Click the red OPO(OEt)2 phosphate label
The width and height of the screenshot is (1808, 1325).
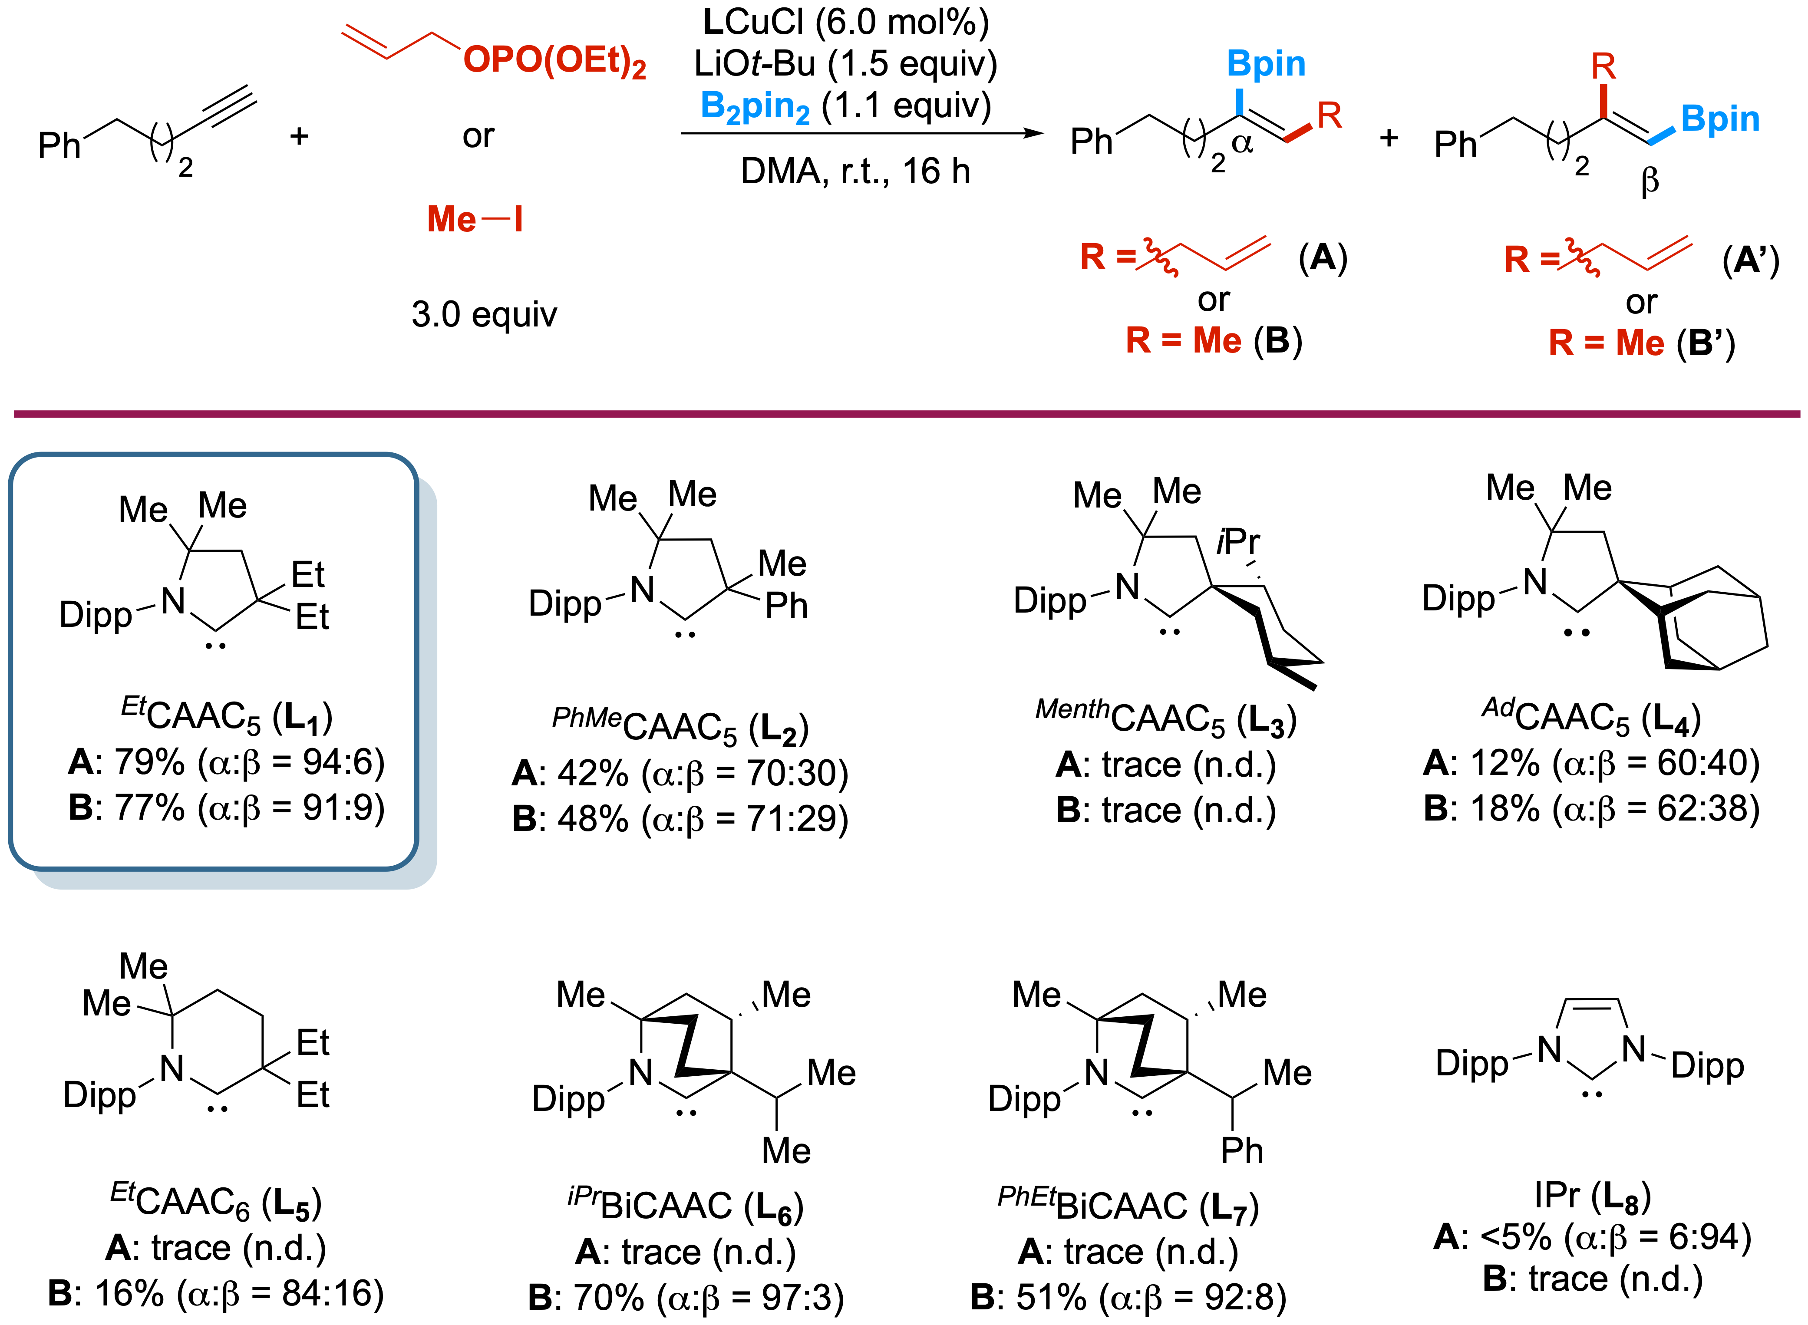coord(554,61)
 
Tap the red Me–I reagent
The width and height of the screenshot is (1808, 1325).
coord(475,219)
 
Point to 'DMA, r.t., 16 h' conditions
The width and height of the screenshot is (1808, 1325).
coord(855,171)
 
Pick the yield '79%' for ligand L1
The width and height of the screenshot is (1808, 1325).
coord(150,762)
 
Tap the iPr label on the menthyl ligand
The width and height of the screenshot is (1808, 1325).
coord(1238,542)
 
